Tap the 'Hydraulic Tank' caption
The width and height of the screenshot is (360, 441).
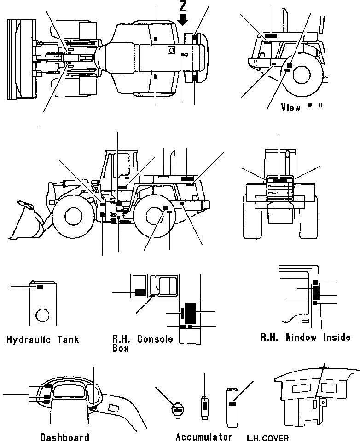coord(43,340)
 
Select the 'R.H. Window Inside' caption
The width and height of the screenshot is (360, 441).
coord(306,338)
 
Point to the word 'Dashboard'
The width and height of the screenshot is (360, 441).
coord(64,436)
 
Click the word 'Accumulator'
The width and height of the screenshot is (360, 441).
coord(204,436)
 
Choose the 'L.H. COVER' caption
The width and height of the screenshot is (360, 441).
coord(268,437)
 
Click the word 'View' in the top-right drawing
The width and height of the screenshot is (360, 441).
coord(290,108)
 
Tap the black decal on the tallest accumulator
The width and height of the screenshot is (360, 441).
coord(232,403)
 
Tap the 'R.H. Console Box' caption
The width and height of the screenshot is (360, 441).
coord(142,343)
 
